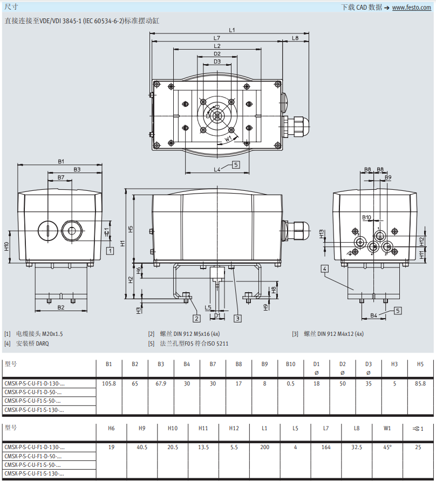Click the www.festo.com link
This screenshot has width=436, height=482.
(411, 8)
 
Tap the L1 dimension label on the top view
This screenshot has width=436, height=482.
(231, 30)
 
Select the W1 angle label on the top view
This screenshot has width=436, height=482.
(228, 139)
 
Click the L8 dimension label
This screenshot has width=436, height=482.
(295, 38)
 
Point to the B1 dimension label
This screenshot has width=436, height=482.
(61, 161)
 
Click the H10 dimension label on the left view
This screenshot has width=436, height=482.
(6, 246)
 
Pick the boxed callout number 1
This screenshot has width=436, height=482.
(110, 251)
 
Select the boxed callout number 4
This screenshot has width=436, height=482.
(324, 269)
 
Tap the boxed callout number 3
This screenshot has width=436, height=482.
(237, 319)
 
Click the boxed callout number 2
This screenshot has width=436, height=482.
(196, 319)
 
